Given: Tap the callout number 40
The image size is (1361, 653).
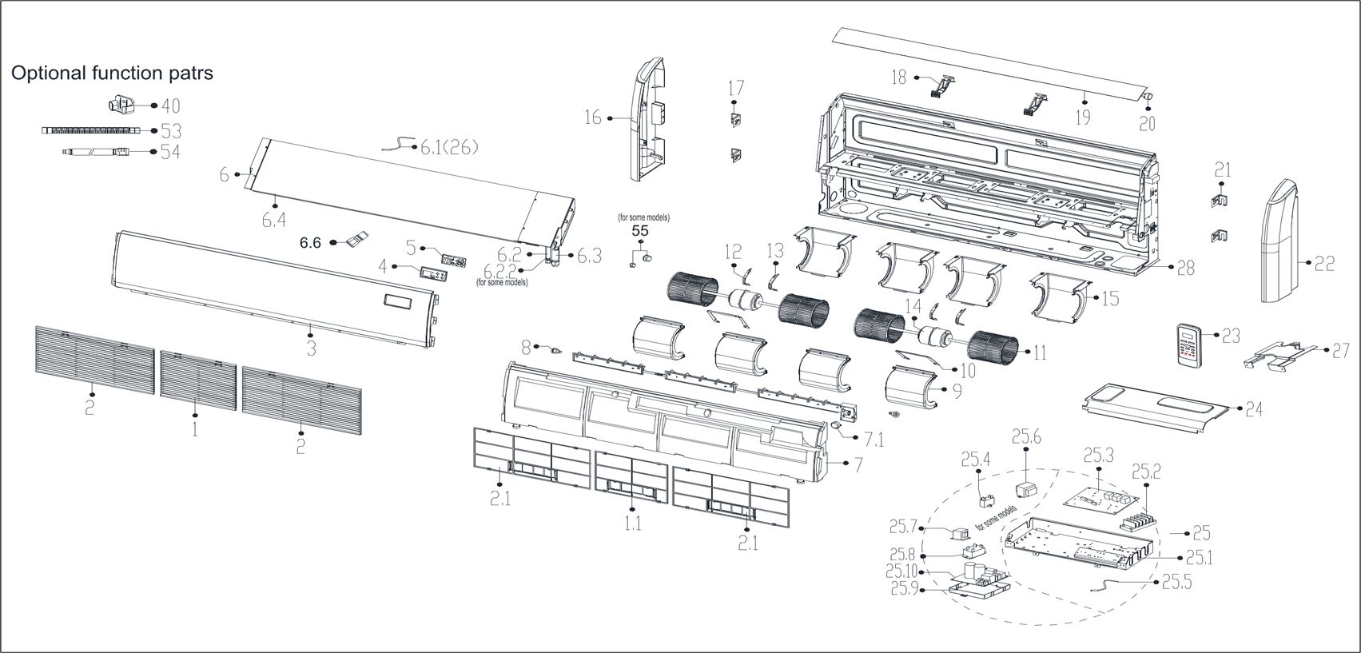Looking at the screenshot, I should tap(170, 106).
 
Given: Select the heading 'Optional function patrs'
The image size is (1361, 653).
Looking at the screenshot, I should tap(112, 73).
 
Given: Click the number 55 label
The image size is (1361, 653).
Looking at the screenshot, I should tap(639, 230).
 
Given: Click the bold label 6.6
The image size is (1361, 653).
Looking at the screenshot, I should tap(310, 242).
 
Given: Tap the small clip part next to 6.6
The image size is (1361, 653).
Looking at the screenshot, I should tap(356, 239).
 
